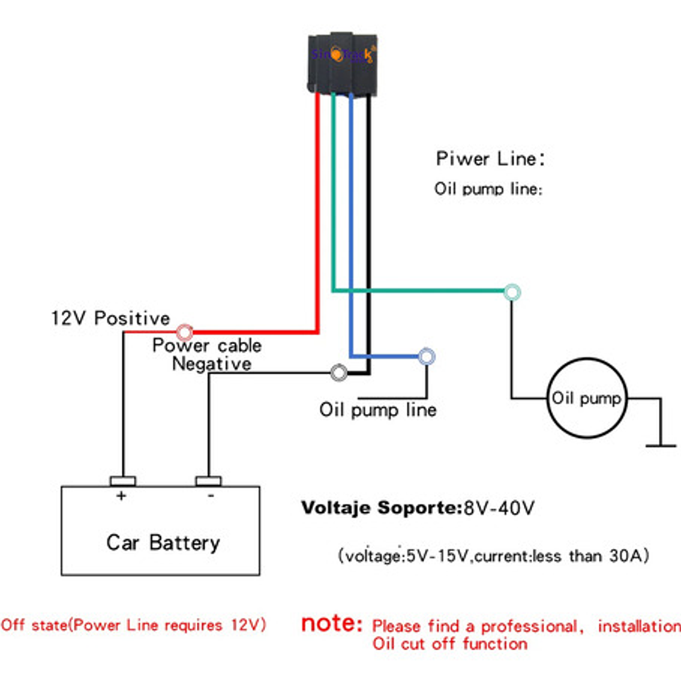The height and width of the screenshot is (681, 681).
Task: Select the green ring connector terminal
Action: (x=512, y=292)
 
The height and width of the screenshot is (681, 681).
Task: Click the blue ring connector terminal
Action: (x=427, y=357)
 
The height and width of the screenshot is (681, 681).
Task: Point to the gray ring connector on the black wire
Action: (x=339, y=372)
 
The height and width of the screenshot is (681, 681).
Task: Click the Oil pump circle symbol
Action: (x=586, y=399)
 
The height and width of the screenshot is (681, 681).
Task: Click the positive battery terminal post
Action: (x=122, y=481)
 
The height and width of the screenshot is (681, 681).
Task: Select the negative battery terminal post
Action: (x=208, y=481)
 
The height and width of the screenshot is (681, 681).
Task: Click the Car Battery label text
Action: (x=163, y=543)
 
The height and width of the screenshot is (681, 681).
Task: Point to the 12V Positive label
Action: (x=110, y=318)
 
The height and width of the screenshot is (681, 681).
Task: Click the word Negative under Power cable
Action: (x=211, y=364)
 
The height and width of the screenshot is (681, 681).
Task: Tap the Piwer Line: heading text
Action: (x=490, y=158)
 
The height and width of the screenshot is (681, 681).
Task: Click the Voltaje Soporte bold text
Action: (x=382, y=508)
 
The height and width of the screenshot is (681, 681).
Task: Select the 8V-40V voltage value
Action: (x=500, y=508)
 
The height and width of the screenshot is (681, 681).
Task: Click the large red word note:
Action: (x=332, y=624)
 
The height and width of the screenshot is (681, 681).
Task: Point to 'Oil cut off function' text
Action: (x=449, y=644)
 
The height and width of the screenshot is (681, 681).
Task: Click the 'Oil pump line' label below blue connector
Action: (x=377, y=410)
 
